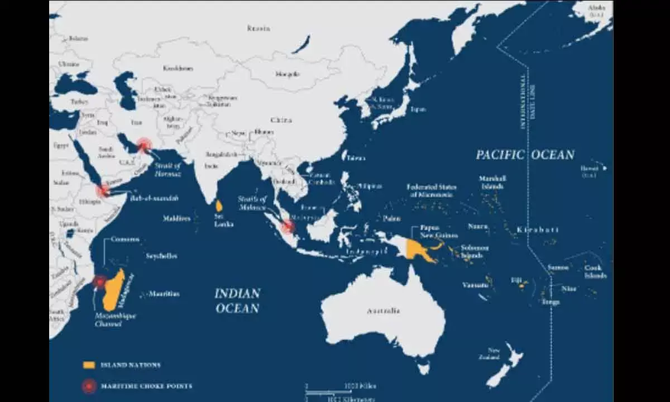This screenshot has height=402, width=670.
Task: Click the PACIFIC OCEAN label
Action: pos(525,155)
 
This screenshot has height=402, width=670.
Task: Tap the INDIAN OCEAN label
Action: pos(238,300)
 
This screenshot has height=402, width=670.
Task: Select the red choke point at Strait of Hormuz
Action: pos(144,146)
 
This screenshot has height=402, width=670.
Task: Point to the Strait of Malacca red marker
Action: pos(288,227)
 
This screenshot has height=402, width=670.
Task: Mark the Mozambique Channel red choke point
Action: pos(99,282)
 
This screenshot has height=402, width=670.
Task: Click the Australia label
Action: pos(383,310)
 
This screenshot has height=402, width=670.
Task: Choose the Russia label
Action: pos(259,28)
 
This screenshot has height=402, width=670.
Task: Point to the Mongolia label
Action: pos(288,74)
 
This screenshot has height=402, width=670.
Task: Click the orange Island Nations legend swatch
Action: pos(89,365)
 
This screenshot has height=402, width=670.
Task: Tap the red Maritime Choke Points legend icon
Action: pos(89,386)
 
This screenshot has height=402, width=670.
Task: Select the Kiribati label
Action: pos(537,229)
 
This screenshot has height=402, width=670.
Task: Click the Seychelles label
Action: pos(161,256)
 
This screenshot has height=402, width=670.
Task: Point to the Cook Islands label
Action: pos(595,271)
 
